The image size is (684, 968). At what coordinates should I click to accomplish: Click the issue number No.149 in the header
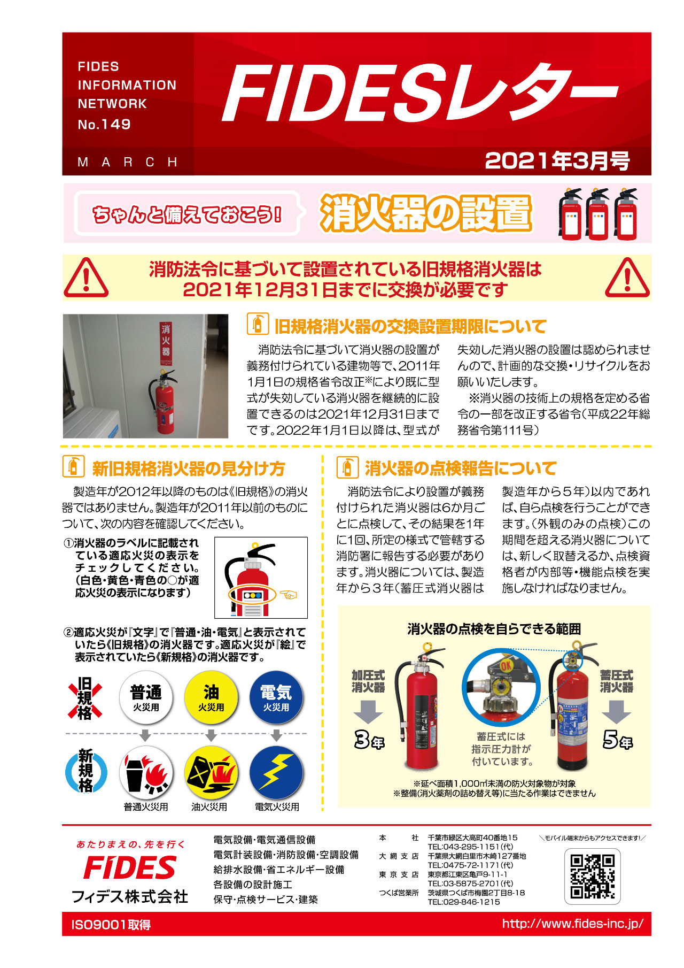coord(104,125)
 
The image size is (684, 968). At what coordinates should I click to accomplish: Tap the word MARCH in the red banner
coord(127,162)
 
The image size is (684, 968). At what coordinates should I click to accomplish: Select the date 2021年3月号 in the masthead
coord(557,161)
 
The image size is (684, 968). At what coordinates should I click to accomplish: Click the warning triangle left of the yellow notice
coord(86,278)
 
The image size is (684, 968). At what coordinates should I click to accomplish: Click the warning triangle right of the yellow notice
coord(627,278)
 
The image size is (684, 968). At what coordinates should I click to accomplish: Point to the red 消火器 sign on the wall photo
coord(166,340)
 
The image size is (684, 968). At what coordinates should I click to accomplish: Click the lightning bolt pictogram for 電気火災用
coord(276,772)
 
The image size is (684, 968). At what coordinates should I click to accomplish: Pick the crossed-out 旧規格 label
coord(85,698)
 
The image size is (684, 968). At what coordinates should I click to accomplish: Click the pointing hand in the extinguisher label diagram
coord(289,594)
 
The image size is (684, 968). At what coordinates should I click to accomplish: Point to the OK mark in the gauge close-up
coord(506,666)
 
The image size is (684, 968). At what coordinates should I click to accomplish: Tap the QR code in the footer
coord(592,876)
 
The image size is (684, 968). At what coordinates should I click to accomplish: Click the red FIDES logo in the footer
coord(130,867)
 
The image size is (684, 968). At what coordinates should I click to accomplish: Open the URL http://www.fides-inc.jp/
coord(572,924)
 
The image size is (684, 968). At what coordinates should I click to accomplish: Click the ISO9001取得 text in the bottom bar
coord(111,925)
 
